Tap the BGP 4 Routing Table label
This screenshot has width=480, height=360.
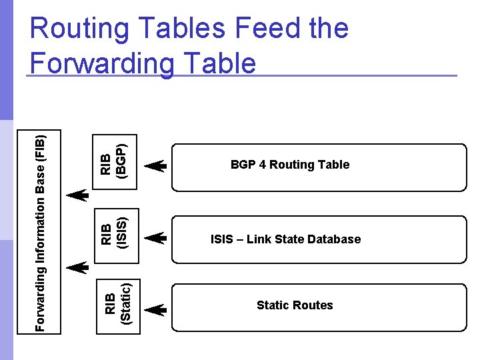click(290, 165)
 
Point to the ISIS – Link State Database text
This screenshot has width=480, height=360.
click(285, 239)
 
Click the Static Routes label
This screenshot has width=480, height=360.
click(295, 305)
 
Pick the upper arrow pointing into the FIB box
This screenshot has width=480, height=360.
click(77, 195)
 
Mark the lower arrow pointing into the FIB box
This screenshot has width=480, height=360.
click(77, 267)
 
